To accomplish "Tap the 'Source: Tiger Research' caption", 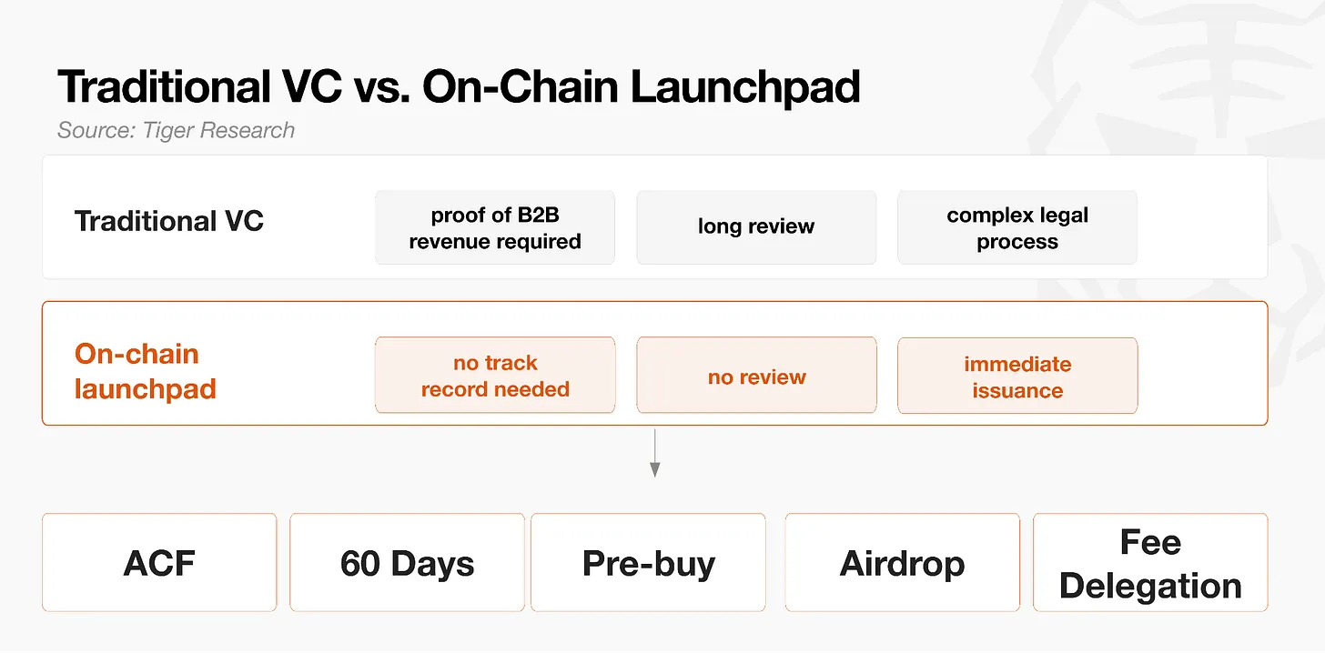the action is pyautogui.click(x=176, y=131).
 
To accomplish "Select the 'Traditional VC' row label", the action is pyautogui.click(x=168, y=222).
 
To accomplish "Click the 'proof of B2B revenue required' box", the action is pyautogui.click(x=495, y=227).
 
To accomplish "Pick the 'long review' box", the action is pyautogui.click(x=756, y=227).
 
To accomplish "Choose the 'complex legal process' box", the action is pyautogui.click(x=1017, y=227).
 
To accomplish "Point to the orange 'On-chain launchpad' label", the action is pyautogui.click(x=146, y=371).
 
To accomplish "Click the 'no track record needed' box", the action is pyautogui.click(x=495, y=376).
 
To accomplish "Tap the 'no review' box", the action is pyautogui.click(x=756, y=376).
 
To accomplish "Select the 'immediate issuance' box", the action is pyautogui.click(x=1017, y=376).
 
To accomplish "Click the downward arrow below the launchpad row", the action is pyautogui.click(x=655, y=453).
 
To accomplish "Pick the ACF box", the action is pyautogui.click(x=159, y=562).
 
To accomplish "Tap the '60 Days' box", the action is pyautogui.click(x=407, y=562).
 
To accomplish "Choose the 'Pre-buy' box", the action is pyautogui.click(x=648, y=562).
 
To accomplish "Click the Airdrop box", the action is pyautogui.click(x=903, y=562).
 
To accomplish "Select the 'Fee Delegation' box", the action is pyautogui.click(x=1150, y=562).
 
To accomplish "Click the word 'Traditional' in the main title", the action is pyautogui.click(x=165, y=87).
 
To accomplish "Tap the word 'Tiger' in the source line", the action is pyautogui.click(x=168, y=131).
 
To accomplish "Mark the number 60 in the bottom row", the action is pyautogui.click(x=359, y=563).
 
